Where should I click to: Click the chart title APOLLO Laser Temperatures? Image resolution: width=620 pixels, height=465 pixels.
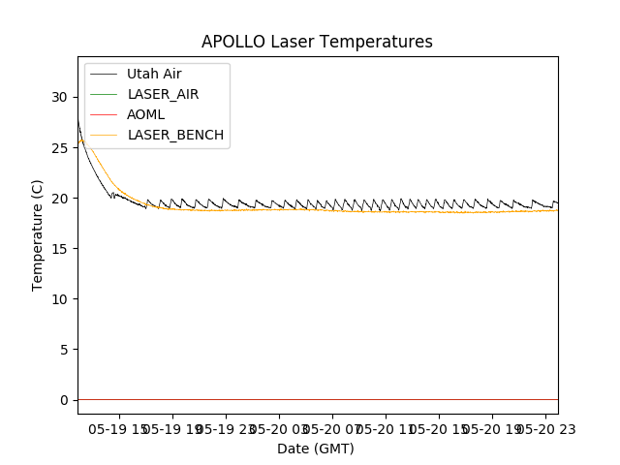317,43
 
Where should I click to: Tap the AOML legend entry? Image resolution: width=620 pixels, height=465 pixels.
146,114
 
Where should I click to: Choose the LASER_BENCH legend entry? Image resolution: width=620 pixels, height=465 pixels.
176,135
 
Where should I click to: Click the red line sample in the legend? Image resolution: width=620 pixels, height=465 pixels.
105,114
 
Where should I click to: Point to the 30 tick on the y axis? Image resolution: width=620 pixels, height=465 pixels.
59,97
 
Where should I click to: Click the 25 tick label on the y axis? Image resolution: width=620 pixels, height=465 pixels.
59,147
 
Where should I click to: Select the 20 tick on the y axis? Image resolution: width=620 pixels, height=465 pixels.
59,198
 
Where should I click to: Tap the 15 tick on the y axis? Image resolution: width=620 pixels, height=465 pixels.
59,248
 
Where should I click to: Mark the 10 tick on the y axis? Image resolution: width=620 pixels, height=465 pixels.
59,298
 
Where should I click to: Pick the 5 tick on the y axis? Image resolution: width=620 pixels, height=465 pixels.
63,349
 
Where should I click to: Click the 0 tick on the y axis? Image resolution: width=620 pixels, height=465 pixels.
63,400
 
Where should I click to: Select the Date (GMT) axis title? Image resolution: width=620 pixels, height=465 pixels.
316,449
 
